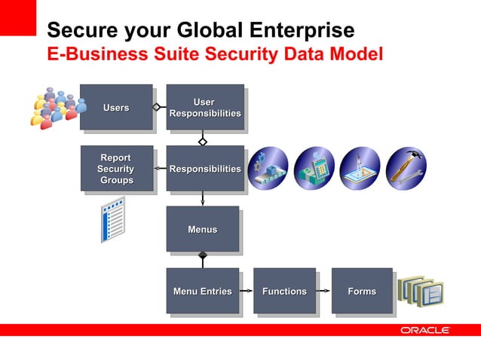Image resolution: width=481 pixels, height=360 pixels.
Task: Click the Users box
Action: (116, 107)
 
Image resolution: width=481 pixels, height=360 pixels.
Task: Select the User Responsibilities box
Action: (204, 107)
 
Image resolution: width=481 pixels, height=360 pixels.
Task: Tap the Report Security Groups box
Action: (116, 168)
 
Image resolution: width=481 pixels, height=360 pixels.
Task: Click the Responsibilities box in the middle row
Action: (204, 169)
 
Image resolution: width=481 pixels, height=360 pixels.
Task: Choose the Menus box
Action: (202, 229)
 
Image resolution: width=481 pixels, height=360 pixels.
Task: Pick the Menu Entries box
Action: (202, 291)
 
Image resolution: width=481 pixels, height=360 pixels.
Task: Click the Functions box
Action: (284, 291)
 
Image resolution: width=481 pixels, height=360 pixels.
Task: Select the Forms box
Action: (362, 291)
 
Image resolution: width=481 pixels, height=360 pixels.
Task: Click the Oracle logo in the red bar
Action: (425, 331)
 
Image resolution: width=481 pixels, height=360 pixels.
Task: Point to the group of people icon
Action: (54, 108)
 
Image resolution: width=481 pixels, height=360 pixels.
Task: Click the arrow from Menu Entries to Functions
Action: (247, 291)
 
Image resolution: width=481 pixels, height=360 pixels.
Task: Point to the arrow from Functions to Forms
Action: (324, 291)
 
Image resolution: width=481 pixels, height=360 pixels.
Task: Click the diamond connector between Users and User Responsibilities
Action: (157, 107)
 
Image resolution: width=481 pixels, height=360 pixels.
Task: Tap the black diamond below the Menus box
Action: (202, 256)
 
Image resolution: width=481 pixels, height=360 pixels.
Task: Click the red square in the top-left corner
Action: (17, 17)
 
